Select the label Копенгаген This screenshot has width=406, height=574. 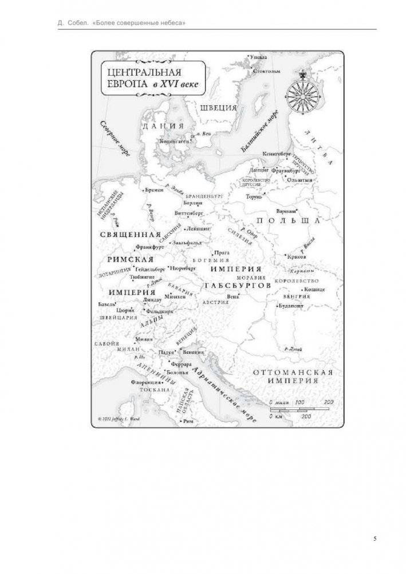tap(174, 140)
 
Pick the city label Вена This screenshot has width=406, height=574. tap(233, 296)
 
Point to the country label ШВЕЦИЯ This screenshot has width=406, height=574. tap(218, 107)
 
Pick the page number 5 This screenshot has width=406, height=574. tap(375, 538)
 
